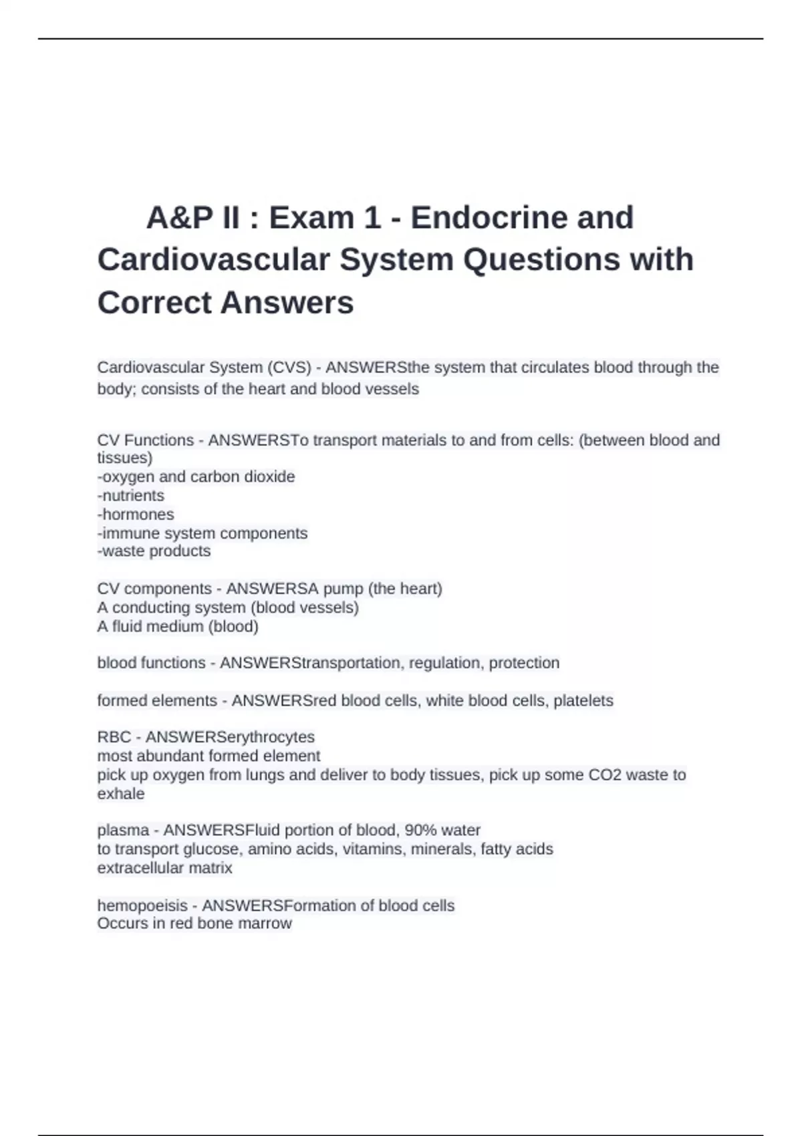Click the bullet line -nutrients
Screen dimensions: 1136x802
(131, 495)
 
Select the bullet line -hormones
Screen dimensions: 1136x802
(136, 514)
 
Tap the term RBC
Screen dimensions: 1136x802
(114, 737)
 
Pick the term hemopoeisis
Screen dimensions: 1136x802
(142, 905)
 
